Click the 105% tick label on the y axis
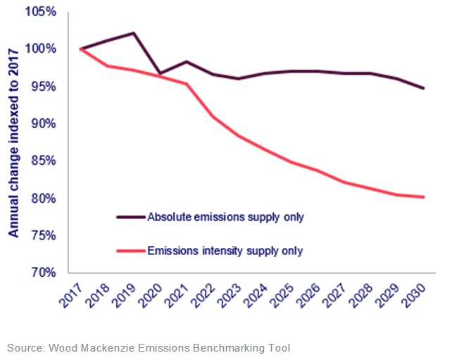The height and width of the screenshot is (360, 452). click(x=43, y=12)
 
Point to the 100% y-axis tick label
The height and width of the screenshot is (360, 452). click(x=43, y=49)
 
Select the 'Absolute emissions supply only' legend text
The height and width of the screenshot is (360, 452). click(x=225, y=217)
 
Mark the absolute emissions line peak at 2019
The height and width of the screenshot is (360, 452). click(x=134, y=33)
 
